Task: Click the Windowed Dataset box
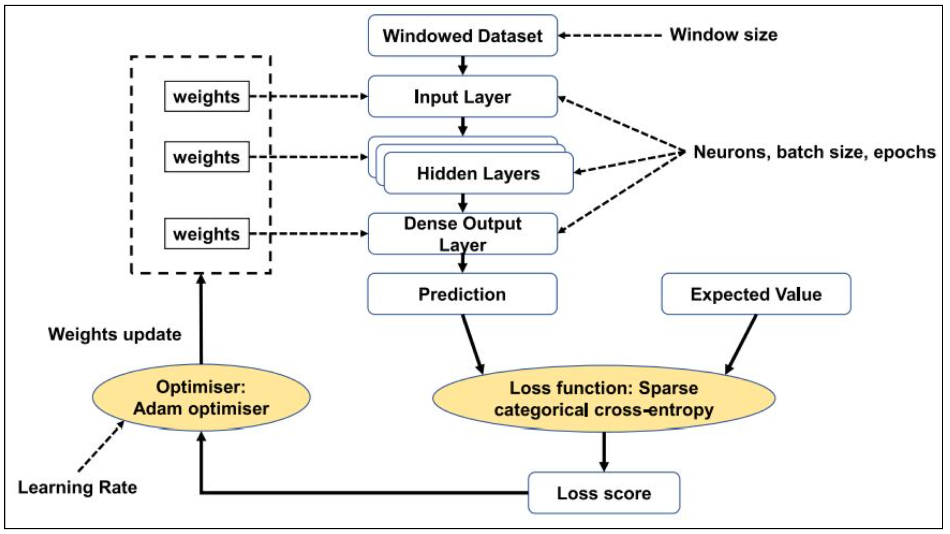463,36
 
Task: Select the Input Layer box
463,97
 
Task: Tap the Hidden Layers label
478,174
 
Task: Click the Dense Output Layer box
463,234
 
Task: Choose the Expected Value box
756,294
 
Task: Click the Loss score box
604,493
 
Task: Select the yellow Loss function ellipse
604,399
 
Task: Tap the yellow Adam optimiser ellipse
201,398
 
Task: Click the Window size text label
724,35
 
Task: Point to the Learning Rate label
77,487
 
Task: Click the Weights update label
115,334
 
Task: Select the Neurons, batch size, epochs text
814,152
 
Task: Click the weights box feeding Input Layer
207,96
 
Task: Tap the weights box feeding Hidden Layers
207,157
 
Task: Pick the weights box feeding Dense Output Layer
207,234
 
